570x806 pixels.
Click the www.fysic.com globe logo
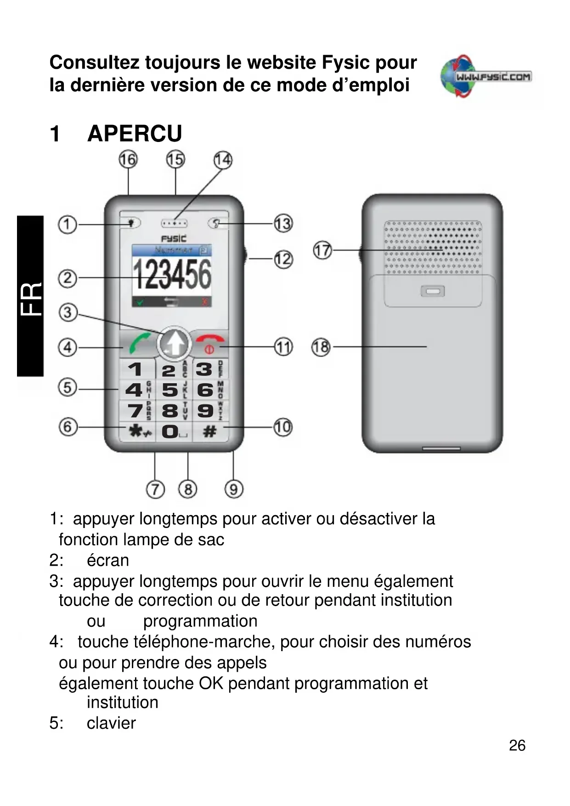[x=486, y=76]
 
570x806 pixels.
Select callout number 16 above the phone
[x=128, y=159]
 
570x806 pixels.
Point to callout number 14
[x=223, y=160]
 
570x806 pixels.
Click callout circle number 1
[x=67, y=225]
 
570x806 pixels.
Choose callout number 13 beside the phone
[x=283, y=224]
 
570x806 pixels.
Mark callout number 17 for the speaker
[x=322, y=250]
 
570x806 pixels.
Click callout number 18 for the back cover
[x=321, y=347]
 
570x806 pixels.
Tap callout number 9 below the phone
[x=233, y=489]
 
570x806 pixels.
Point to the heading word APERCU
[x=135, y=134]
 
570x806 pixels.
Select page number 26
[x=517, y=745]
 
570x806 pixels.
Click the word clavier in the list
[x=111, y=723]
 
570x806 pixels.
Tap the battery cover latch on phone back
[x=433, y=291]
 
